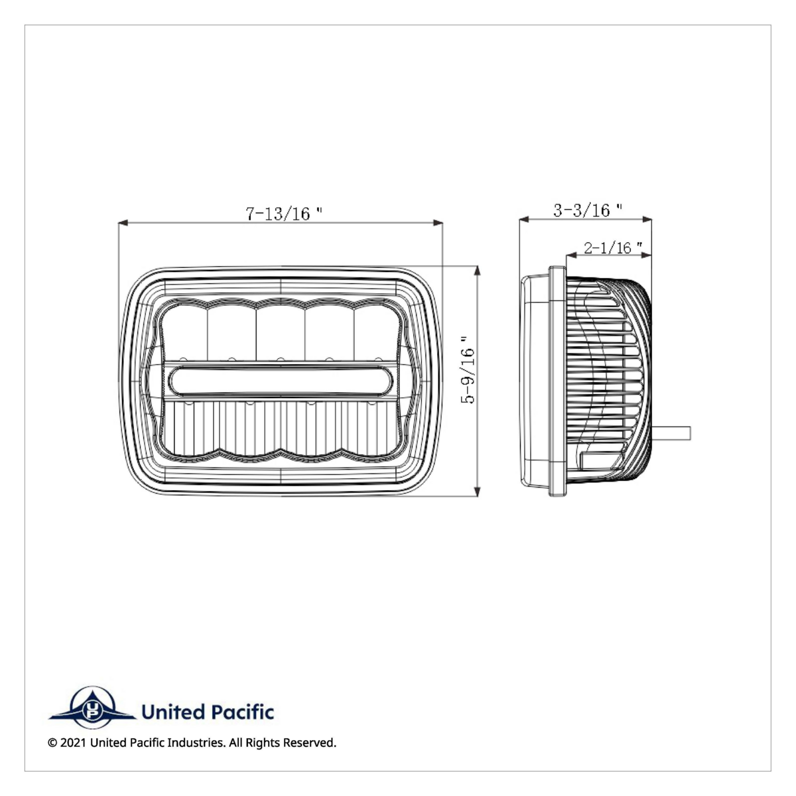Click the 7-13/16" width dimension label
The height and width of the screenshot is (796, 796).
pos(284,214)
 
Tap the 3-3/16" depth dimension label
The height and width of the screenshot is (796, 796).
pos(588,210)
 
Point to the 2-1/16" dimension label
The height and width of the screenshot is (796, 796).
pos(612,248)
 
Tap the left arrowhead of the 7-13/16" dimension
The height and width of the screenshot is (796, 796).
pos(122,224)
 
